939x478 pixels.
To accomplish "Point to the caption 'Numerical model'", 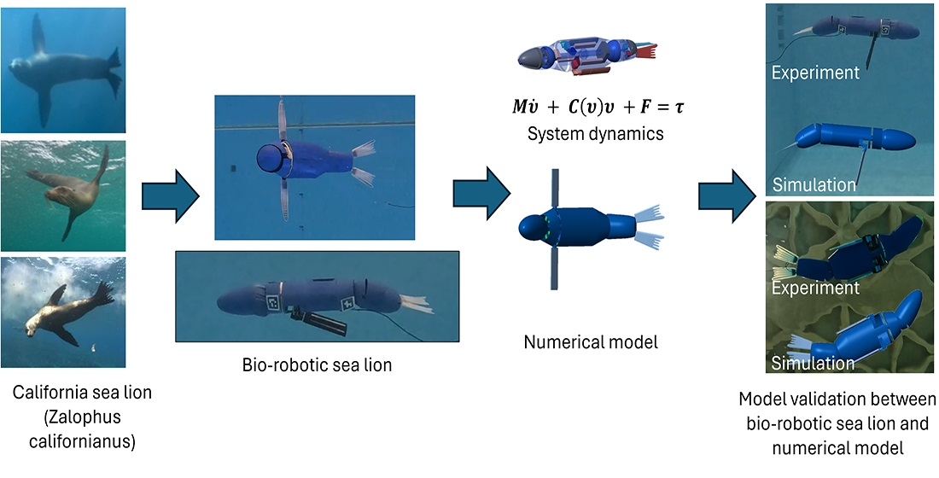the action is click(x=591, y=343).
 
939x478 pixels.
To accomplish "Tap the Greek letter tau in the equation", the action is click(x=680, y=110).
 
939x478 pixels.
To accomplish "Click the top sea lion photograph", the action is click(x=64, y=67).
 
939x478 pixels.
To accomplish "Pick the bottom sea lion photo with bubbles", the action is click(x=64, y=312).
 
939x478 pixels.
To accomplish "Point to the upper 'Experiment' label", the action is click(x=815, y=73).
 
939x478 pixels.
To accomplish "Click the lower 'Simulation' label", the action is click(x=813, y=363).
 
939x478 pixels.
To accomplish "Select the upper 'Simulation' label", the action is click(x=813, y=184).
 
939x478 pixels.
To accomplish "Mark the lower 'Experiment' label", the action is click(x=815, y=289).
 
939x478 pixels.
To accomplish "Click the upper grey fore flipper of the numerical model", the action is click(x=555, y=189).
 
